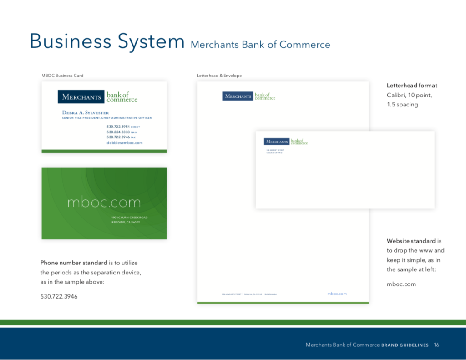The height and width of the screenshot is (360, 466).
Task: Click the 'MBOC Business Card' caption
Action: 62,76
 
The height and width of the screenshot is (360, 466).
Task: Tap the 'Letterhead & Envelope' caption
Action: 219,76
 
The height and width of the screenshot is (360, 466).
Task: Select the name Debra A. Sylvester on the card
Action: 86,112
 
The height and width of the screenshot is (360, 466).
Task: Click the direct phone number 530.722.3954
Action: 118,127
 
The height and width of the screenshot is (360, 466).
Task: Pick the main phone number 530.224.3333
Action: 118,132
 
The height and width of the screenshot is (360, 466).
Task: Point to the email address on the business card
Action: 125,143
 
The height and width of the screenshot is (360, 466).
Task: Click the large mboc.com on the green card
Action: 104,202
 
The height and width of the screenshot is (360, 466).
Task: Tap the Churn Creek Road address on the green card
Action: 129,218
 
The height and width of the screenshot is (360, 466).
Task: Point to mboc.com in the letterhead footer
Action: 337,294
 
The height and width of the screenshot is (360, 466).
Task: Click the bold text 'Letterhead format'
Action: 412,86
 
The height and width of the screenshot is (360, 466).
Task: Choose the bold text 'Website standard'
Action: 411,241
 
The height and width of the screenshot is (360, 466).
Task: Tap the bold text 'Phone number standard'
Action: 74,263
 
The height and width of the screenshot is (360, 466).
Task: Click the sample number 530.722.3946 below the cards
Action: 59,297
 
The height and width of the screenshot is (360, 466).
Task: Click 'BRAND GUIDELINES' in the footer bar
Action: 405,345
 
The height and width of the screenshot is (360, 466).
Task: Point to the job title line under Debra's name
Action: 106,118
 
